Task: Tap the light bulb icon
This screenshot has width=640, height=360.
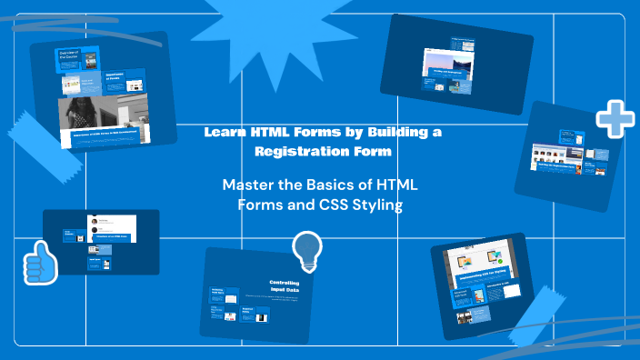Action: coord(307,251)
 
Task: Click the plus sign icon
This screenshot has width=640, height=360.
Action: coord(615,118)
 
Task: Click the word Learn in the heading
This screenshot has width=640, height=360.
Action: coord(224,132)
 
